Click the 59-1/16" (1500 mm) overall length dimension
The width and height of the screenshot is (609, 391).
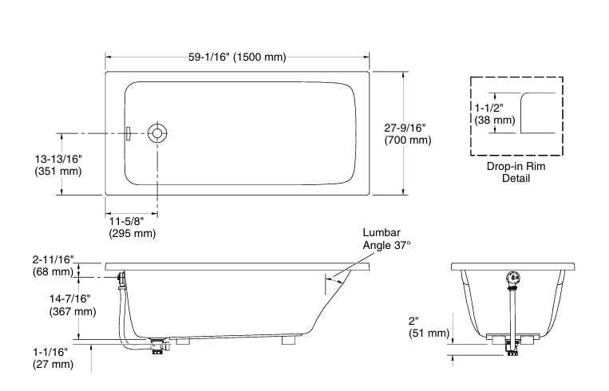[237, 57]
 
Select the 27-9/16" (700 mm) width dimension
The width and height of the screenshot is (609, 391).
[407, 133]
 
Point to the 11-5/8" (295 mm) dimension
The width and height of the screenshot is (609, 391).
[132, 227]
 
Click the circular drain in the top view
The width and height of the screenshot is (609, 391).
[157, 133]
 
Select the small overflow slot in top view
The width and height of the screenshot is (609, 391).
[125, 133]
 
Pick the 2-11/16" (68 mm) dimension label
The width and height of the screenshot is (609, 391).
[53, 266]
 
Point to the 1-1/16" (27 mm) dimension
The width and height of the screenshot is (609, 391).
[53, 357]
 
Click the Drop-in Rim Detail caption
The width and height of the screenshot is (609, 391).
[516, 172]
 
